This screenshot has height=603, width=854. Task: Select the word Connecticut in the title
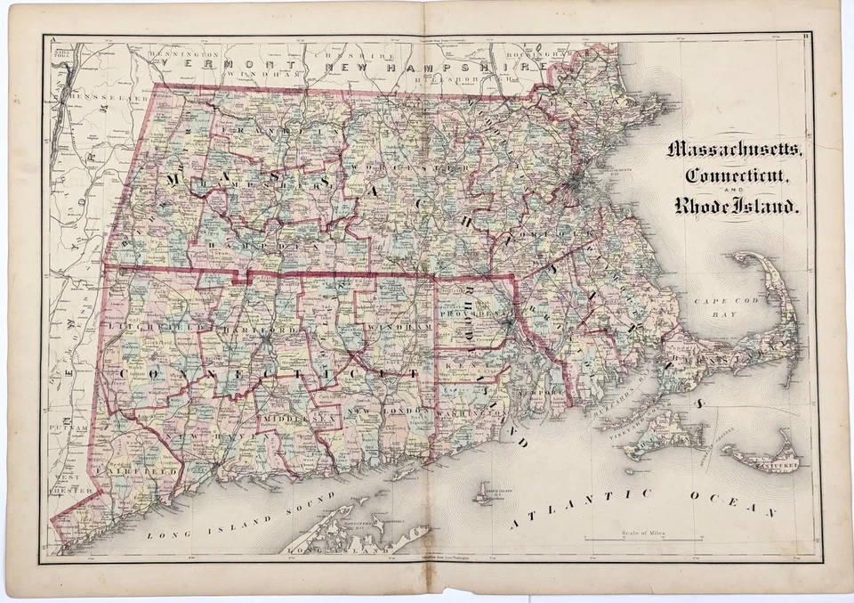point(734,176)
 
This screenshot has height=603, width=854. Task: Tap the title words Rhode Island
point(737,208)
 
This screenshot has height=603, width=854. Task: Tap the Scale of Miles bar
point(643,539)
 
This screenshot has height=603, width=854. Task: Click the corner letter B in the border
point(805,37)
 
